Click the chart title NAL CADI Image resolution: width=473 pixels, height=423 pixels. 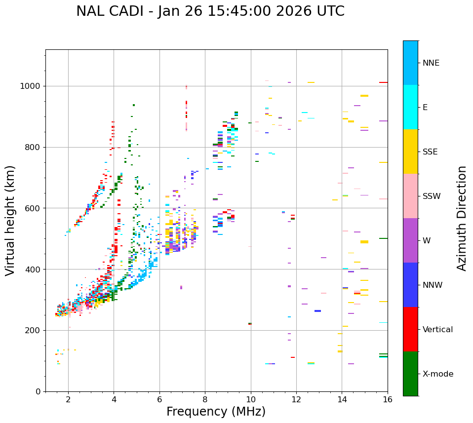210,11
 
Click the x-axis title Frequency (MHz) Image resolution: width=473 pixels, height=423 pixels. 216,412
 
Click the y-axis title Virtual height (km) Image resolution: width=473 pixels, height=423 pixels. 10,221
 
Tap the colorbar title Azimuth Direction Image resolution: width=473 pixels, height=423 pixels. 462,218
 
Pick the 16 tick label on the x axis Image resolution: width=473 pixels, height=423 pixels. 388,399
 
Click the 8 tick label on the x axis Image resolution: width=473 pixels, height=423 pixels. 205,399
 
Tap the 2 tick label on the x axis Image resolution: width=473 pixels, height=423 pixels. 68,399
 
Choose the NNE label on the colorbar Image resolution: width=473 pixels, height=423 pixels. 431,63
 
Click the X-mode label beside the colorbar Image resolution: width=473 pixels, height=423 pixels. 438,374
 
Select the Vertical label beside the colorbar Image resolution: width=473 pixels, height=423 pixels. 437,330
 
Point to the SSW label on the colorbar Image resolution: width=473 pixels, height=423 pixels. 432,196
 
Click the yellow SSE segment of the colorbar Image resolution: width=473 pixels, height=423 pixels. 410,152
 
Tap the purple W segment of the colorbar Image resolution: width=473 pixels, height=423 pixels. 410,240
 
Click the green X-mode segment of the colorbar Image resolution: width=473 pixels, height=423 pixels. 410,374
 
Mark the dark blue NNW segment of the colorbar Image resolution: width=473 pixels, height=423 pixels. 410,285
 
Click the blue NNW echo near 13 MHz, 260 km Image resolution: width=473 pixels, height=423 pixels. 317,311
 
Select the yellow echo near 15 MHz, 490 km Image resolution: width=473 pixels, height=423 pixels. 364,242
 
